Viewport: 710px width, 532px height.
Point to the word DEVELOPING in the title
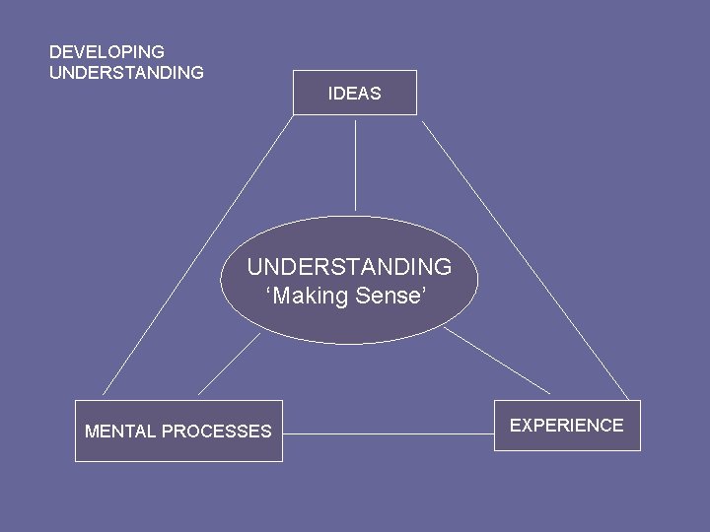pos(106,51)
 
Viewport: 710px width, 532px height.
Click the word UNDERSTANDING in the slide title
pos(126,73)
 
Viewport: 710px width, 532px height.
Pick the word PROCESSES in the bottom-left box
pos(216,432)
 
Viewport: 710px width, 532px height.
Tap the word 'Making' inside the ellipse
pos(309,297)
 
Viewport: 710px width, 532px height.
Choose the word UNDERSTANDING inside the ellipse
pos(349,267)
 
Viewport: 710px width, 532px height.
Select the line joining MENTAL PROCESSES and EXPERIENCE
pos(388,433)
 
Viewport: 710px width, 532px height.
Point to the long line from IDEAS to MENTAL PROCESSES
pos(197,255)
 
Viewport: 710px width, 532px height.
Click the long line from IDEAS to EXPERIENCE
pos(526,261)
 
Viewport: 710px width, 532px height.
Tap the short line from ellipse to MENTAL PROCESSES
pos(229,365)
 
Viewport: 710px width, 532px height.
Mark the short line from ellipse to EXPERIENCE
pos(496,361)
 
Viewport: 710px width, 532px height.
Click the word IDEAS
pos(355,95)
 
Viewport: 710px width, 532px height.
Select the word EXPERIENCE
pos(567,426)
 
